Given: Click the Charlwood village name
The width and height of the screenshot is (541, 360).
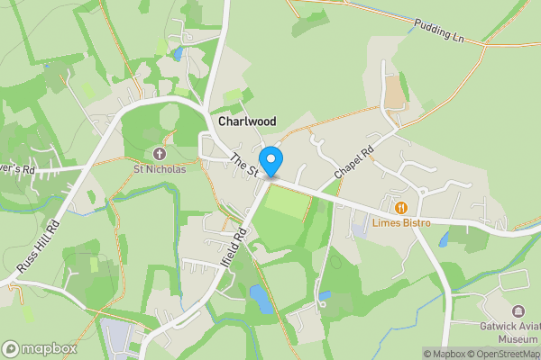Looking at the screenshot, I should tap(246, 121).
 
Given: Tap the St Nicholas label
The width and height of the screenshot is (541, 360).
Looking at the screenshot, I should tap(160, 168).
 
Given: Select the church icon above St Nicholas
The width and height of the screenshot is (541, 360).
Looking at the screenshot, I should tap(160, 153).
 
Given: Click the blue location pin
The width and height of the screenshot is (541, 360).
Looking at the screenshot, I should tap(271, 159).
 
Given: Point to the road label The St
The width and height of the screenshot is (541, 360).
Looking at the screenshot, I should tap(243, 165).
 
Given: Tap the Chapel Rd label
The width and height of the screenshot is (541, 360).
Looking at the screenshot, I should tap(353, 160).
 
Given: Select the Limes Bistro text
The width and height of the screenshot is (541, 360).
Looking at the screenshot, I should tap(400, 222).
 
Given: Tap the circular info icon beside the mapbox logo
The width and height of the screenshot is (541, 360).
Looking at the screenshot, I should tap(11, 348).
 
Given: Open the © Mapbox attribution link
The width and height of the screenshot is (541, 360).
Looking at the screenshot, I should tap(445, 354).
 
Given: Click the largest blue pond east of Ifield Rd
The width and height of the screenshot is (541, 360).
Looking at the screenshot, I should tap(261, 299).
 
